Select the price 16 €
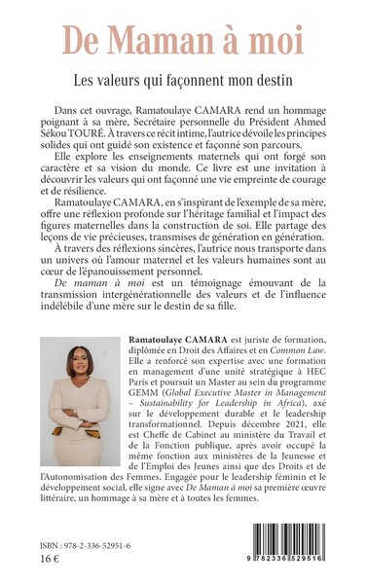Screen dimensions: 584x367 click(43, 570)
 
